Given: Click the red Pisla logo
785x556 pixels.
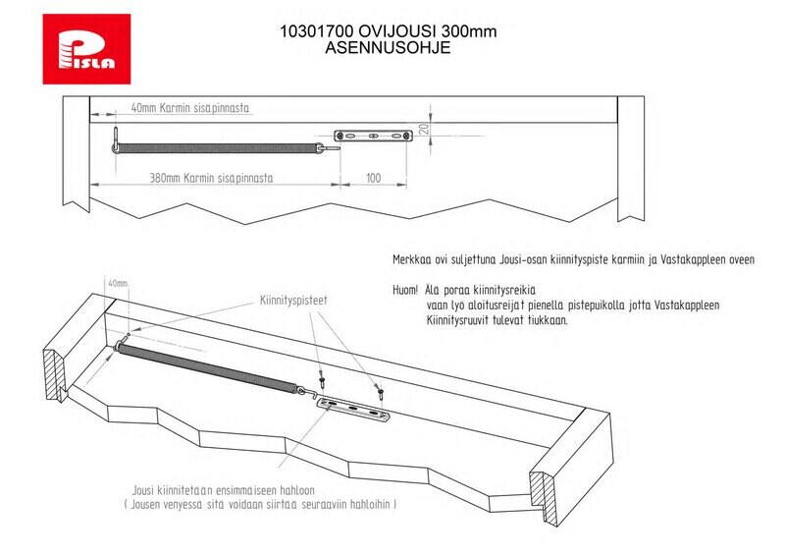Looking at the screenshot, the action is pos(86,49).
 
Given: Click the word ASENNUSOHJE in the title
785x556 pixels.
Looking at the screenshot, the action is pos(388,47).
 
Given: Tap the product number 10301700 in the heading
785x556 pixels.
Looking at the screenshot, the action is pos(316,31).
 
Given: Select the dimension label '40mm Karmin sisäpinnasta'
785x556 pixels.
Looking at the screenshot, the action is pos(189,108).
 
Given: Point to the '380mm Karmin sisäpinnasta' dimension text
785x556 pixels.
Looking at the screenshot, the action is pos(211,178).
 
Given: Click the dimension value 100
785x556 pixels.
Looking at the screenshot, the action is pos(374,178).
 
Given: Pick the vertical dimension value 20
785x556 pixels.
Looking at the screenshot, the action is pos(424,129).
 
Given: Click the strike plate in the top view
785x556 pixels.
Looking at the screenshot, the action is pos(374,136).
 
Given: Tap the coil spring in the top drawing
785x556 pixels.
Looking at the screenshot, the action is pos(217,148).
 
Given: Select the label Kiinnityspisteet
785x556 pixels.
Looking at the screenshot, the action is pos(293,301).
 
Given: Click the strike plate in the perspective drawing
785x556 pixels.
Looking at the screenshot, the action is pos(353,410).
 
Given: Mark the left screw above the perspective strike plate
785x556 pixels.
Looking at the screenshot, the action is pos(323,379).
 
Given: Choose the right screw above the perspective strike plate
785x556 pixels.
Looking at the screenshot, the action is pos(381,391).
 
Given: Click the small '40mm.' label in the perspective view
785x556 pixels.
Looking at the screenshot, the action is pos(119,283).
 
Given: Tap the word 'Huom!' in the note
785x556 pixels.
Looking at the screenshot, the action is pos(405,291).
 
